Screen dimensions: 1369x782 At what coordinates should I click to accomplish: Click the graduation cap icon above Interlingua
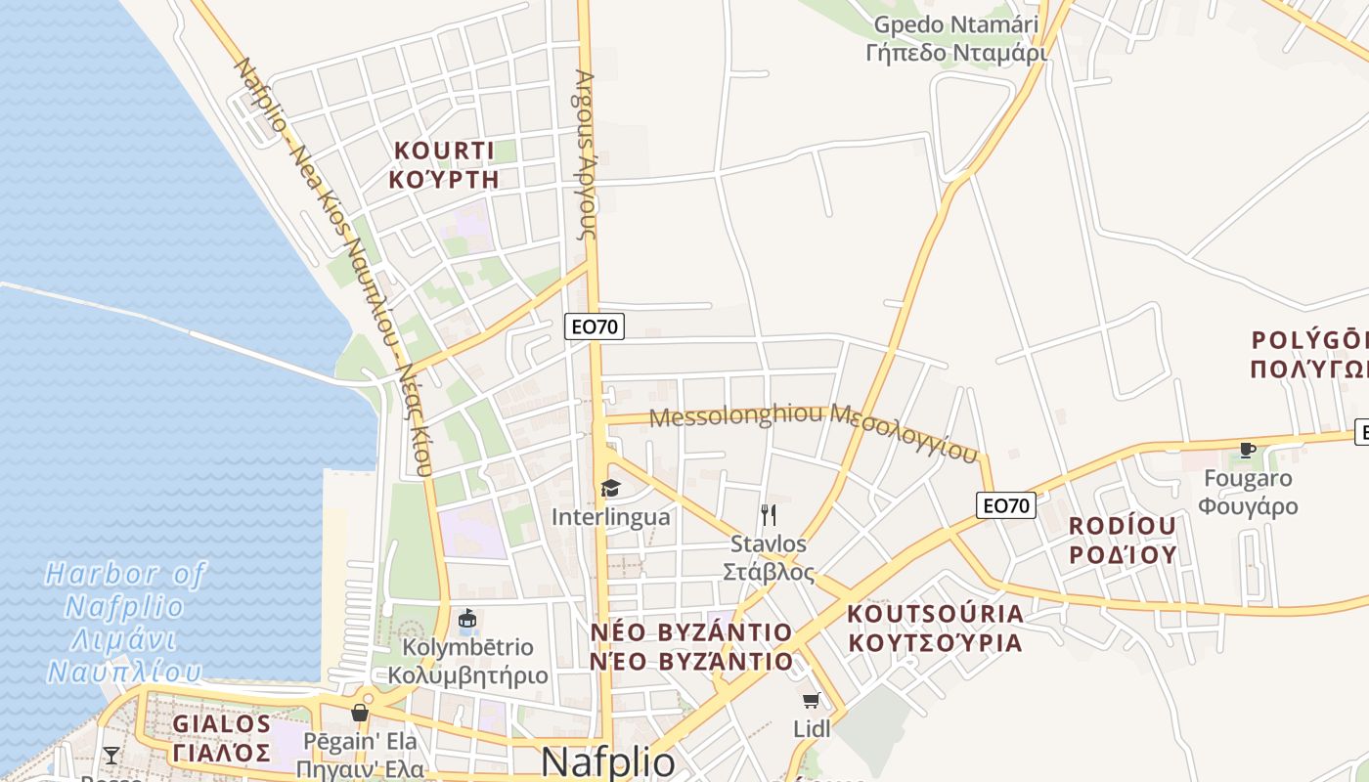pyautogui.click(x=610, y=488)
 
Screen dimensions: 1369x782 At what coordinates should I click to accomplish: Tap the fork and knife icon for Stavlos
pyautogui.click(x=769, y=514)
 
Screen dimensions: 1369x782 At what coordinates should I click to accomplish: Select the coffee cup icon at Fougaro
pyautogui.click(x=1247, y=450)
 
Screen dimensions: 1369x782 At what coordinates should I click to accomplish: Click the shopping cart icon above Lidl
pyautogui.click(x=811, y=700)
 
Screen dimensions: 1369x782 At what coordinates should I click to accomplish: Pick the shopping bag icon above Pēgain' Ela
pyautogui.click(x=360, y=712)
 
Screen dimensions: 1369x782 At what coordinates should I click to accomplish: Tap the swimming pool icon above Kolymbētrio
pyautogui.click(x=467, y=621)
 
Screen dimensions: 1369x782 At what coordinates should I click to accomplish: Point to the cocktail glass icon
pyautogui.click(x=111, y=755)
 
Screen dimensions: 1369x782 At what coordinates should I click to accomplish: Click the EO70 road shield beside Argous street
pyautogui.click(x=595, y=326)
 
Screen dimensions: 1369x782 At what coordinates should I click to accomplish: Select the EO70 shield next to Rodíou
pyautogui.click(x=1006, y=505)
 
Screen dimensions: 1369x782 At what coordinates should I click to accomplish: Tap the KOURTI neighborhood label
pyautogui.click(x=444, y=164)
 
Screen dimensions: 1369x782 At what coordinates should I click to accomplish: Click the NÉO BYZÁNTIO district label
pyautogui.click(x=691, y=646)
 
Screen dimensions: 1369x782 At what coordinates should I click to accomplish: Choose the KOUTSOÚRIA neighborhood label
pyautogui.click(x=935, y=629)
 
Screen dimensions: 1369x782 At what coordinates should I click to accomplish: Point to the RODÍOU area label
pyautogui.click(x=1122, y=540)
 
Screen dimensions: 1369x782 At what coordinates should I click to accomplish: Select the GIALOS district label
pyautogui.click(x=222, y=738)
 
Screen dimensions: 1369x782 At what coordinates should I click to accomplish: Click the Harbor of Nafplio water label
pyautogui.click(x=125, y=622)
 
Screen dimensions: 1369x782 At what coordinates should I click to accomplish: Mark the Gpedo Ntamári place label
pyautogui.click(x=956, y=38)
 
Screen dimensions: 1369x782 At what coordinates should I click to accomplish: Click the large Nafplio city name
pyautogui.click(x=607, y=761)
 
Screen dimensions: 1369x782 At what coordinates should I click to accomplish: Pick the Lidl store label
pyautogui.click(x=812, y=728)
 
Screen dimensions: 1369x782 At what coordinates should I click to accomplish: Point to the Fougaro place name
pyautogui.click(x=1249, y=492)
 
